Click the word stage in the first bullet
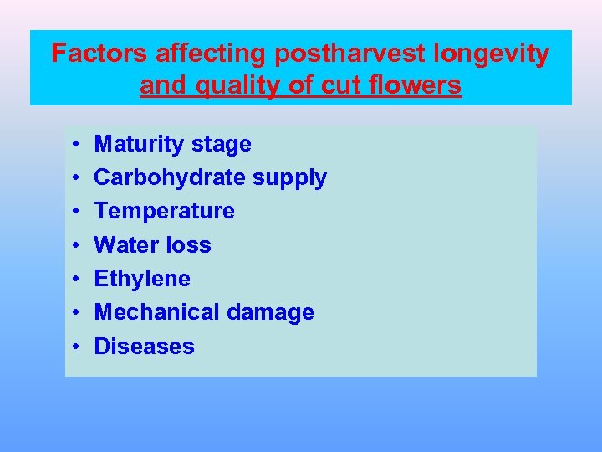(222, 144)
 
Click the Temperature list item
(164, 211)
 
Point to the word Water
(125, 244)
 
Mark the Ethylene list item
(142, 278)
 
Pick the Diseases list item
(144, 346)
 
